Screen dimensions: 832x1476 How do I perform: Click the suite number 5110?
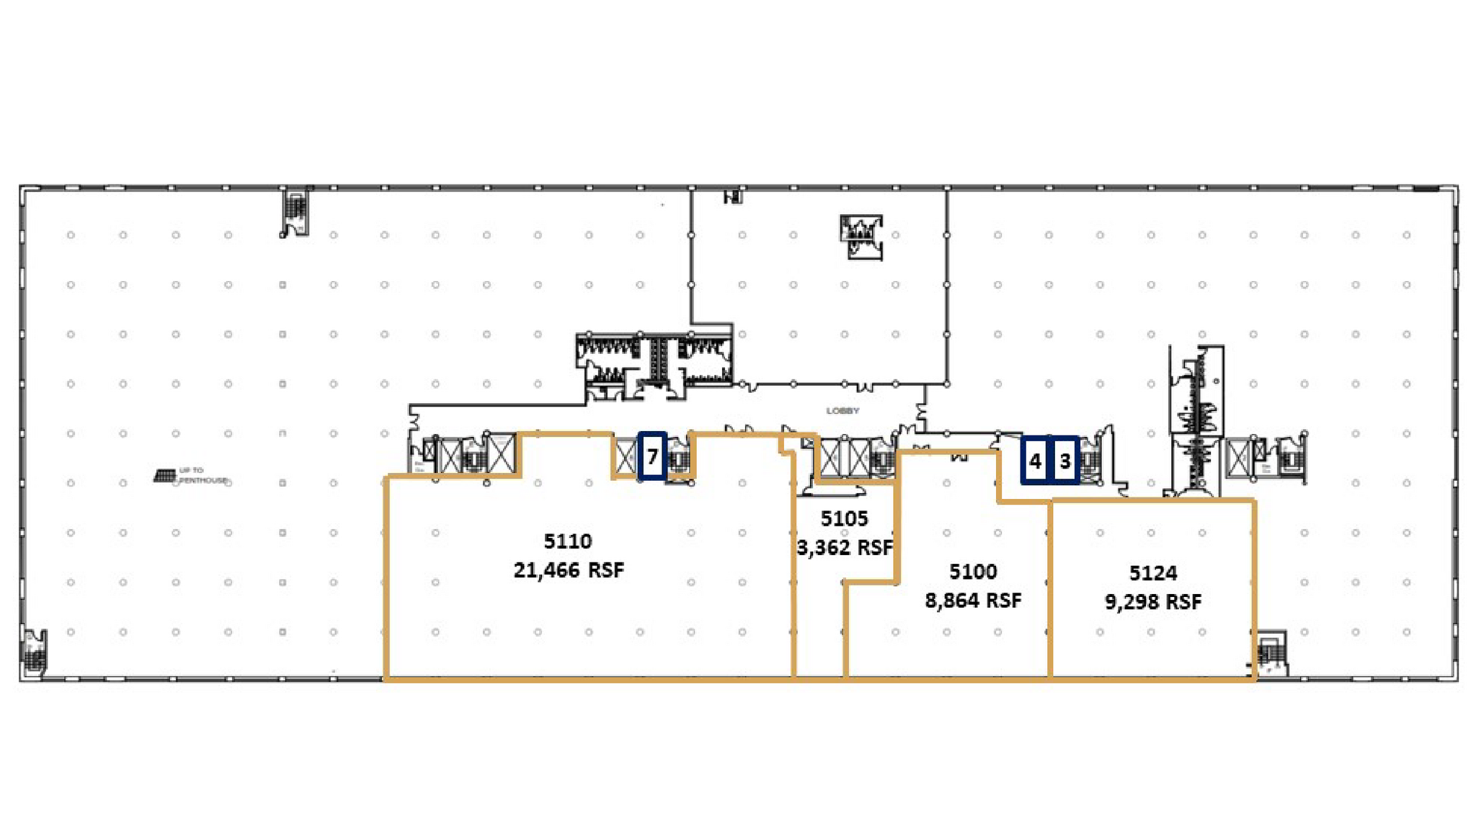pyautogui.click(x=568, y=541)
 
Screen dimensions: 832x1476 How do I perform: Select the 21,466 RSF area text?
pyautogui.click(x=569, y=570)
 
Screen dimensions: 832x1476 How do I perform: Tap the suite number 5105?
pyautogui.click(x=844, y=518)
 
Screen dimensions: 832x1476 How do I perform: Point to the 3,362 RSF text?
pyautogui.click(x=845, y=548)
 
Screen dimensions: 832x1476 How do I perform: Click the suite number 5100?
pyautogui.click(x=973, y=572)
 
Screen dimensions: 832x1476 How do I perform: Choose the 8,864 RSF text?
pyautogui.click(x=973, y=601)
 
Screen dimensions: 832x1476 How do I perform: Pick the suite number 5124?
pyautogui.click(x=1153, y=573)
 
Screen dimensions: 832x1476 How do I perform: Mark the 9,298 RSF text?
pyautogui.click(x=1153, y=602)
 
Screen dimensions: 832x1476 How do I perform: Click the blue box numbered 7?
pyautogui.click(x=652, y=456)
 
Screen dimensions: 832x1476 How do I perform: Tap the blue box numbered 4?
pyautogui.click(x=1036, y=461)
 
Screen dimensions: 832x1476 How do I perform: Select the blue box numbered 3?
pyautogui.click(x=1065, y=461)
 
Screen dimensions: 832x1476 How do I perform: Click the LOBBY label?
pyautogui.click(x=843, y=411)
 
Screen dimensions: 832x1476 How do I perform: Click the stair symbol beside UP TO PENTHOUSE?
pyautogui.click(x=165, y=476)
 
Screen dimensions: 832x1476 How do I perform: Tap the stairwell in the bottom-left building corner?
pyautogui.click(x=35, y=652)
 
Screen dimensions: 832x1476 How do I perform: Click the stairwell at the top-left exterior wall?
pyautogui.click(x=295, y=211)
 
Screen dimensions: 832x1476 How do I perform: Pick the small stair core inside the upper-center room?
pyautogui.click(x=861, y=236)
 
